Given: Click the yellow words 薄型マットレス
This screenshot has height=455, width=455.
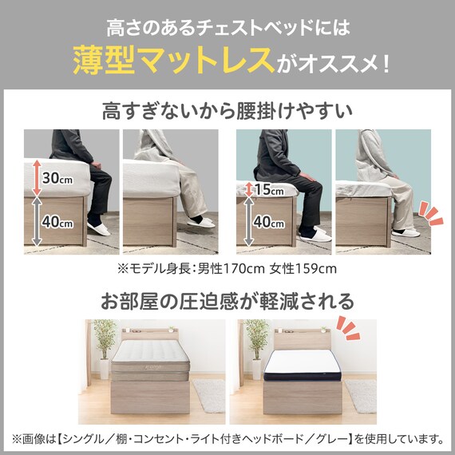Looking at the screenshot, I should coord(172,59).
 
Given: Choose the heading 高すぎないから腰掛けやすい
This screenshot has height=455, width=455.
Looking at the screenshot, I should coord(227,111).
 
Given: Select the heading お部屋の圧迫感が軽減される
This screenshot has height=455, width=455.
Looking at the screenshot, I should coord(227,301).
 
